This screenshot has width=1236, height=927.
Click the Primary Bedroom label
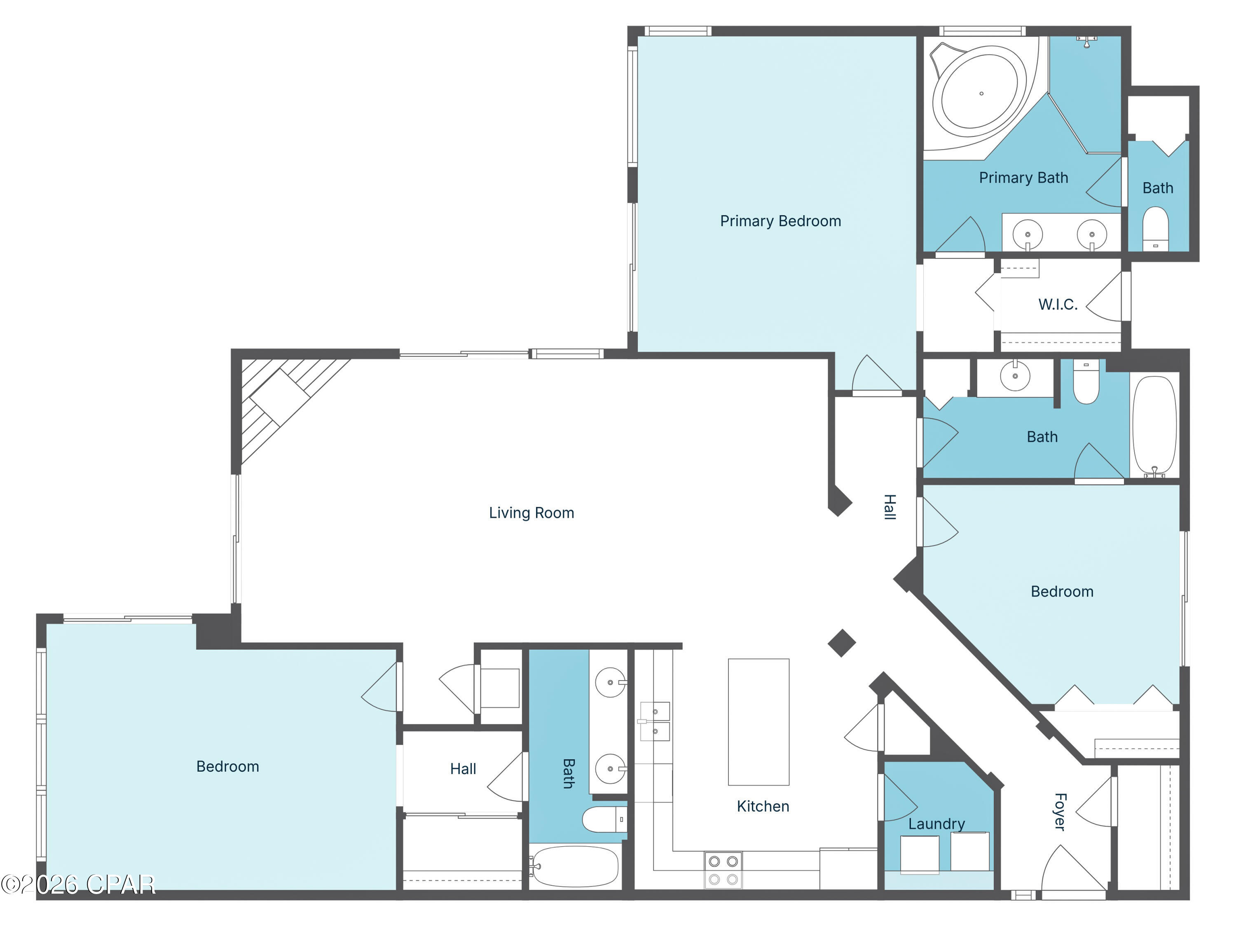[x=780, y=221]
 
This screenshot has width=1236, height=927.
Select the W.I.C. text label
[x=1057, y=304]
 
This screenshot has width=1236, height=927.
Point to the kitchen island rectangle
[x=758, y=721]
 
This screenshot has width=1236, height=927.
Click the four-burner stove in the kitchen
[x=723, y=870]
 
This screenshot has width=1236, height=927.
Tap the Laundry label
[x=936, y=824]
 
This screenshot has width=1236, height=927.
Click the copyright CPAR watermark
[x=78, y=885]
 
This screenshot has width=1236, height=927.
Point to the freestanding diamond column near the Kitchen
[x=841, y=643]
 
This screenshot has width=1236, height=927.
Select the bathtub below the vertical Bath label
[x=576, y=867]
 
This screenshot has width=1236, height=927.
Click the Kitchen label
[x=763, y=806]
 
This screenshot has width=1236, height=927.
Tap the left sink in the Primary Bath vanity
[x=1027, y=234]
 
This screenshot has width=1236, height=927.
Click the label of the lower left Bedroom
[x=227, y=767]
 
